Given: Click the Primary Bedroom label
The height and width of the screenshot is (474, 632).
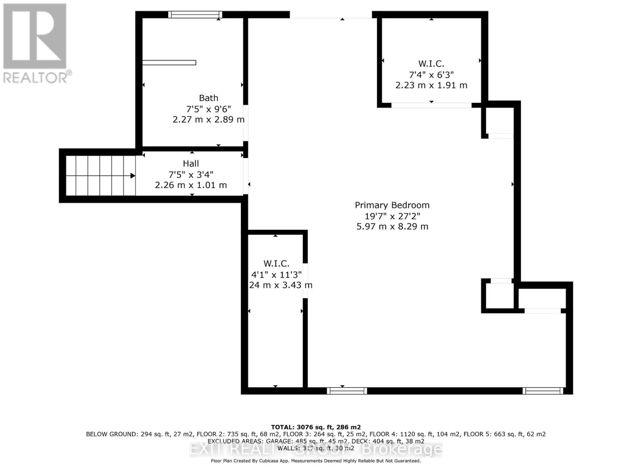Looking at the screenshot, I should point(392,205).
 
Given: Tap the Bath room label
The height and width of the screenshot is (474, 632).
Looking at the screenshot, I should point(208,98).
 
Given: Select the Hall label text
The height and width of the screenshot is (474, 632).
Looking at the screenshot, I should point(191,164).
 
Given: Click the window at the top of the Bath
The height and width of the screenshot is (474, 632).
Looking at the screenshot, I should point(195,15).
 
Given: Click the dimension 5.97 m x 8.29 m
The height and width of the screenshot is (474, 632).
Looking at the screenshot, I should point(392,227).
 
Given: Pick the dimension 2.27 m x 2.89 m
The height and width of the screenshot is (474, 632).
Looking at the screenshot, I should point(208,119).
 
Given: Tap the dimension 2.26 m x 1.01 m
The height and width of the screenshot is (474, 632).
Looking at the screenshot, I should point(191,185).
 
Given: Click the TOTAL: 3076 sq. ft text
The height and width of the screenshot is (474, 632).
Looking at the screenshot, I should point(316,427).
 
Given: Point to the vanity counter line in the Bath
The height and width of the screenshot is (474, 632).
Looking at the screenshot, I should point(169,62).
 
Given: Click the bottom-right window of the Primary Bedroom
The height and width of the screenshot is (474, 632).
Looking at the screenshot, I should point(543,391).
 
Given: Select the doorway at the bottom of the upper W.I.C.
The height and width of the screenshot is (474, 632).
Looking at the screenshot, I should point(431,105).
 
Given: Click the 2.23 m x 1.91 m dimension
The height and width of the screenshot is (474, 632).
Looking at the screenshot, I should point(431,85).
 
